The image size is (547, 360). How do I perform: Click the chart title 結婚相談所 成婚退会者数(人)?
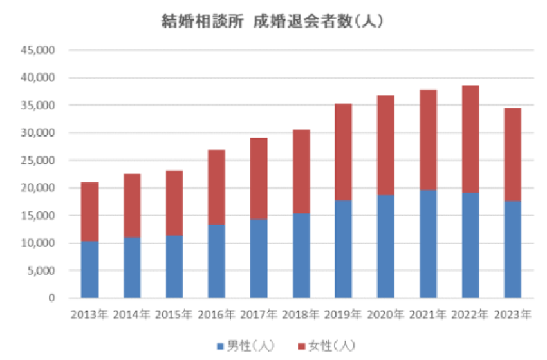(273, 21)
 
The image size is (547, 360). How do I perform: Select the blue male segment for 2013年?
(89, 269)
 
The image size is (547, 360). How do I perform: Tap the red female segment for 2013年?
(89, 211)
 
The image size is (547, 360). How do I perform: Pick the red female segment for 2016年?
(216, 187)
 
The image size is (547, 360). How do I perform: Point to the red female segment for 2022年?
(470, 139)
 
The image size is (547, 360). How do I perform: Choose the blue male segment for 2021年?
(428, 243)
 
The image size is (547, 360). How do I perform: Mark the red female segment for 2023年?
(512, 155)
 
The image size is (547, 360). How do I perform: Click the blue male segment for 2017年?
(259, 258)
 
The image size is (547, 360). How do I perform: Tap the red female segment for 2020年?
(385, 145)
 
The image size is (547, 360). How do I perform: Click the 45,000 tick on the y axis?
(41, 50)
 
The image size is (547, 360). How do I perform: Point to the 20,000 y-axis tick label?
(41, 188)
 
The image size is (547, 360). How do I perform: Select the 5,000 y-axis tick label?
(43, 271)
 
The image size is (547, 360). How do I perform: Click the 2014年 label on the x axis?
(132, 316)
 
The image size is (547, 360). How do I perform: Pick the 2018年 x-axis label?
(301, 316)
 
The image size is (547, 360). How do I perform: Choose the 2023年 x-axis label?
(512, 316)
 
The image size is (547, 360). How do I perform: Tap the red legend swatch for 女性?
(301, 346)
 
